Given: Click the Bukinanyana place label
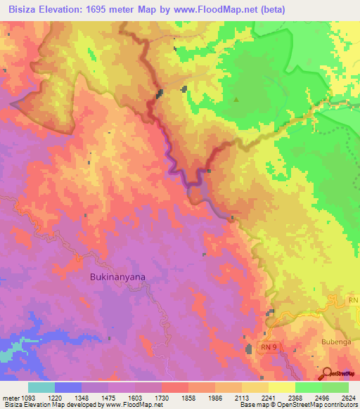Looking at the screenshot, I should (118, 277).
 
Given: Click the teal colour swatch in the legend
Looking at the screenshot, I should (41, 387).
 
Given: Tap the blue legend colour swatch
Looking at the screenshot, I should (68, 387).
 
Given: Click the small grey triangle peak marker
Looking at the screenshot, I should (236, 99).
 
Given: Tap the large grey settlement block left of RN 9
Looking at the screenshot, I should (248, 349).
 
